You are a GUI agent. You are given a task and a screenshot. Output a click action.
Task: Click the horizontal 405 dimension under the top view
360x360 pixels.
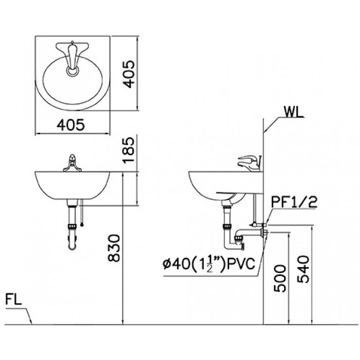pyautogui.click(x=71, y=125)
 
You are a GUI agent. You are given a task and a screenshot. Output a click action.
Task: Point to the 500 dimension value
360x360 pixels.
pyautogui.click(x=279, y=278)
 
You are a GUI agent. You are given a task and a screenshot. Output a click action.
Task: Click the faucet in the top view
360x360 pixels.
pyautogui.click(x=72, y=56)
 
